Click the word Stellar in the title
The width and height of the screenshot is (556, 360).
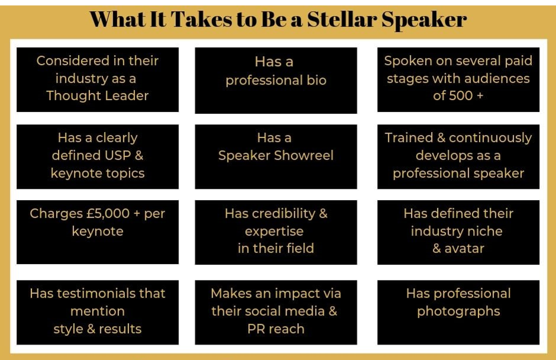tap(342, 19)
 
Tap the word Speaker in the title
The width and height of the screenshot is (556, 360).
tap(424, 21)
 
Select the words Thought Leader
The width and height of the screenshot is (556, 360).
tap(98, 96)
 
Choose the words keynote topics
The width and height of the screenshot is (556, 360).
tap(98, 174)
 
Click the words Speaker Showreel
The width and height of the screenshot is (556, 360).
tap(276, 156)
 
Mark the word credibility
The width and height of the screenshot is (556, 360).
tap(284, 214)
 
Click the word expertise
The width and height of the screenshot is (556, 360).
tap(274, 232)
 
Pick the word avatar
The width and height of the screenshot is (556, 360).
tap(464, 249)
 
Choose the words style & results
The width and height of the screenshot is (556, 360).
tap(98, 329)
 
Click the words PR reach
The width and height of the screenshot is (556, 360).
tap(276, 329)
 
